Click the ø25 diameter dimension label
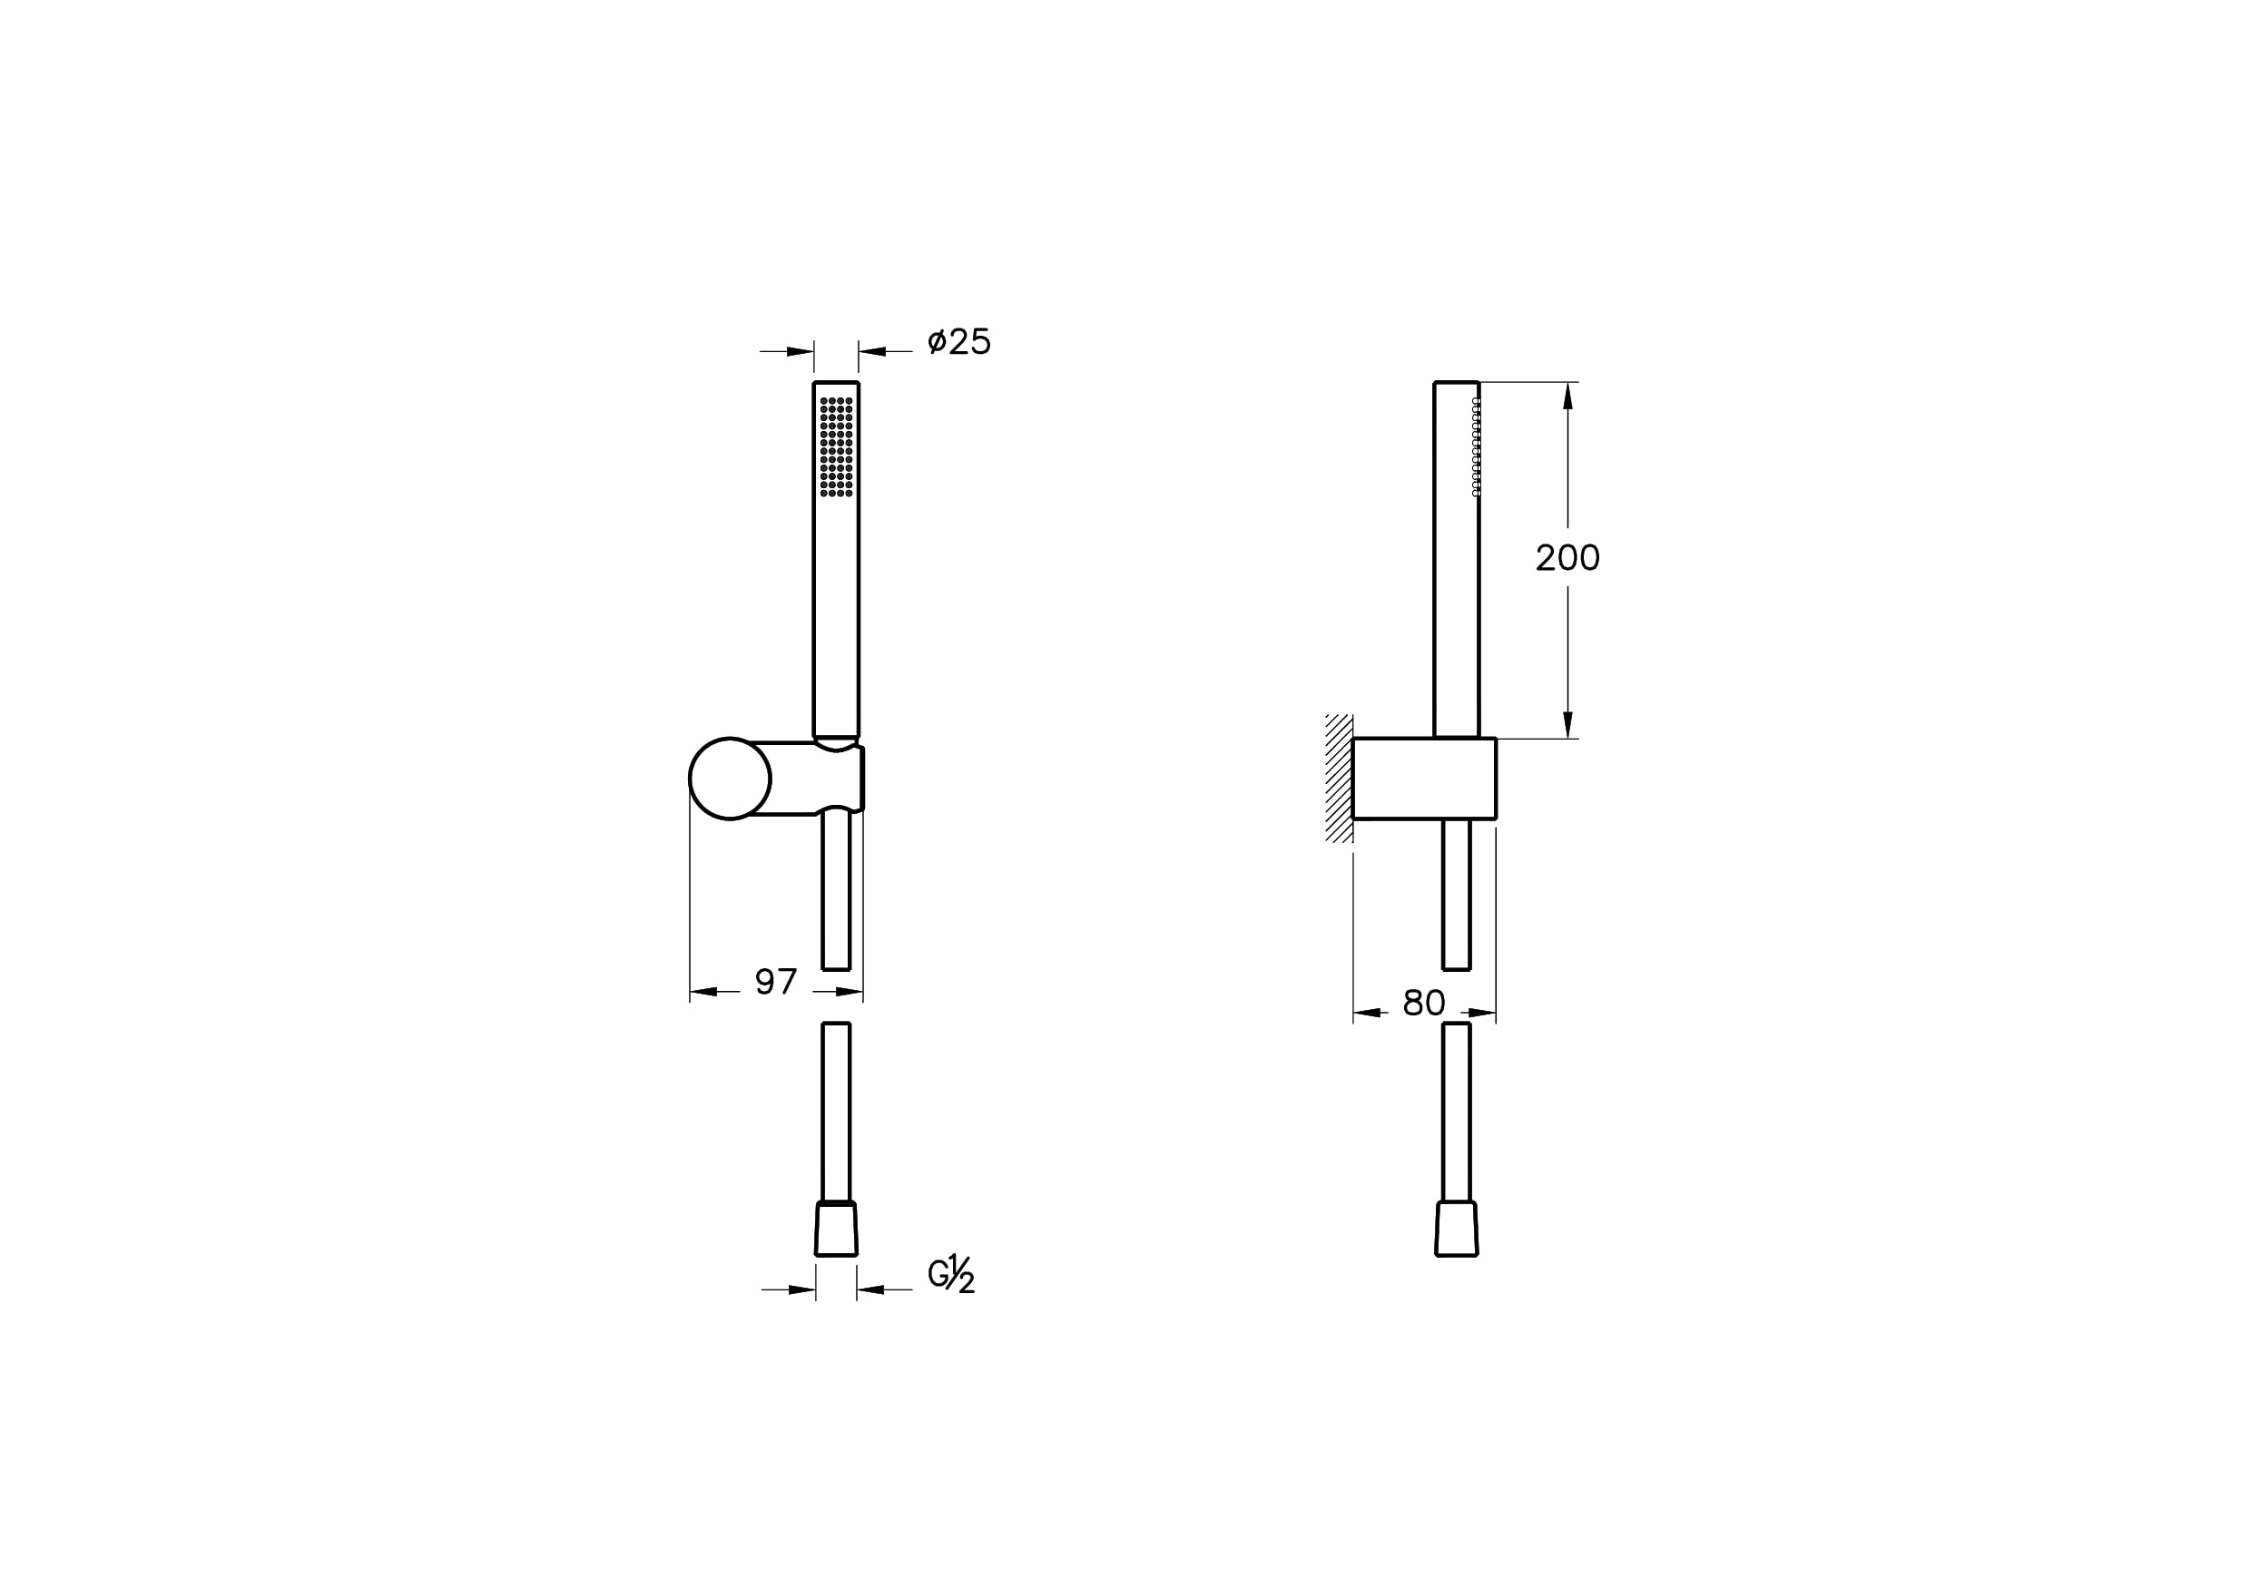pos(958,341)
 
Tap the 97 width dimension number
pos(776,982)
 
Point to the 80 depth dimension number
pos(1424,1003)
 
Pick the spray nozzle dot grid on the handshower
pos(836,446)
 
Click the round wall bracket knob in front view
pos(730,779)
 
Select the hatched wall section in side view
pos(1339,778)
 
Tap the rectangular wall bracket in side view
pos(1424,778)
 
